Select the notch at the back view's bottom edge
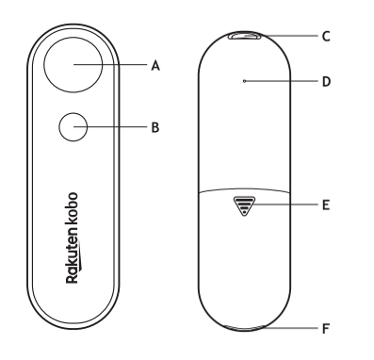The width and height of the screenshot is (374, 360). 246,329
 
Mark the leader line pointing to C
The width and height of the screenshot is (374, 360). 287,37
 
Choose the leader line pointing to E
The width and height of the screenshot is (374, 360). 283,203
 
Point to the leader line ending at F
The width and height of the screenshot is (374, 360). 287,328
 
